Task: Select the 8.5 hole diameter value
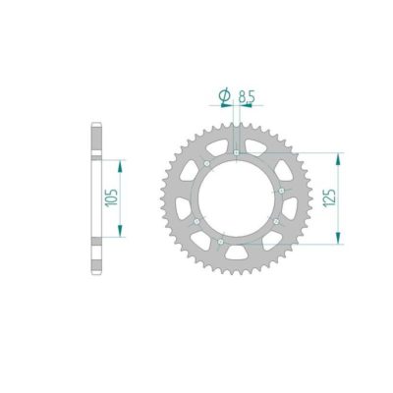[249, 96]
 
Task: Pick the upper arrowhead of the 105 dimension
[120, 163]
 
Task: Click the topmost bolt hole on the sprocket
[238, 152]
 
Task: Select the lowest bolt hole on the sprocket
[222, 239]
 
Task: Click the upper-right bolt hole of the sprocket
[281, 190]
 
